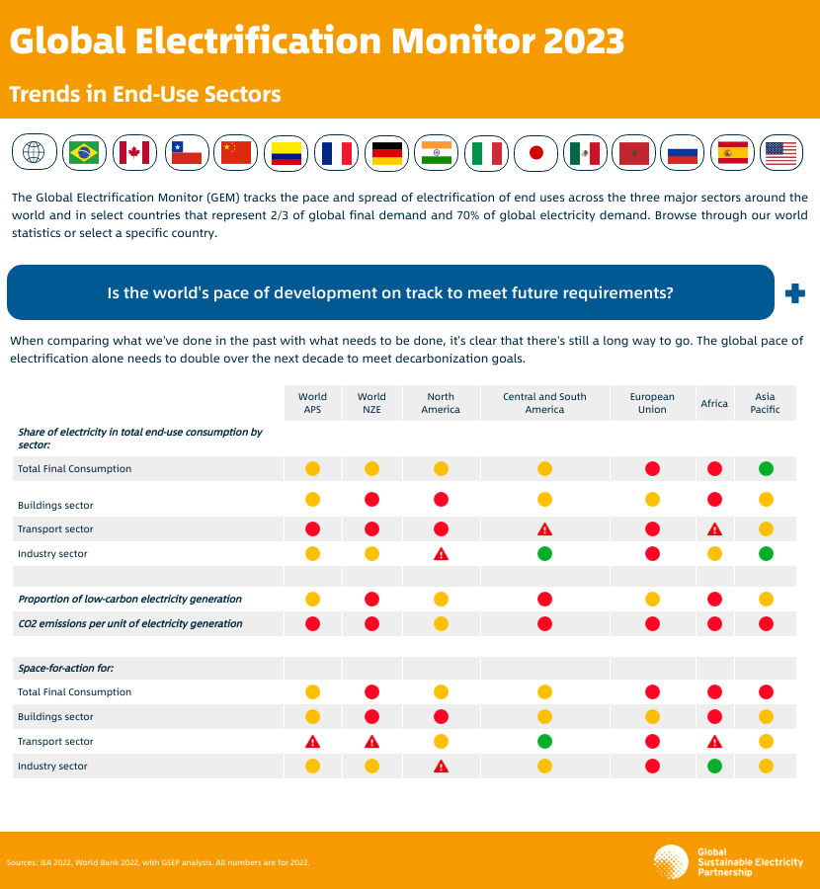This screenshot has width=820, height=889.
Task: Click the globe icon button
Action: coord(34,152)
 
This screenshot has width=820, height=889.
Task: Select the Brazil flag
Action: coord(84,152)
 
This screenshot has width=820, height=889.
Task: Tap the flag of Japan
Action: coord(536,152)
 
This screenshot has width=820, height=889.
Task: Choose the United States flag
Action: coord(780,152)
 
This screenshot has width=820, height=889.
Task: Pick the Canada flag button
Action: coord(134,152)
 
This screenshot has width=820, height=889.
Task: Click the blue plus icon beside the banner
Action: coord(793,292)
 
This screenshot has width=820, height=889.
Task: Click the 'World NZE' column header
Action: coord(371,403)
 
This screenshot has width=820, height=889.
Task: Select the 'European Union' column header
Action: coord(652,403)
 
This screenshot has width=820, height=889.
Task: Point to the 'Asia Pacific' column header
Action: coord(765,403)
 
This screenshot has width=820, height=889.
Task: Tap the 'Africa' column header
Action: coord(714,403)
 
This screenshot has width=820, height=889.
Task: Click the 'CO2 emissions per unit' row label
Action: coord(129,623)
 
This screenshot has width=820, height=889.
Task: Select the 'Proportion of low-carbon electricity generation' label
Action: coord(129,599)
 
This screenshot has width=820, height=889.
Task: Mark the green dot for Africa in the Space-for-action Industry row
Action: coord(714,766)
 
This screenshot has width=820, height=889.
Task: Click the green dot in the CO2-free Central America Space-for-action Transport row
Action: coord(544,741)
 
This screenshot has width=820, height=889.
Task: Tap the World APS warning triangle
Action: coord(312,741)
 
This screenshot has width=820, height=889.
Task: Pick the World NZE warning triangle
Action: coord(371,741)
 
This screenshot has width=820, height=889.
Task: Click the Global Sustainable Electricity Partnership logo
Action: coord(671,861)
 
